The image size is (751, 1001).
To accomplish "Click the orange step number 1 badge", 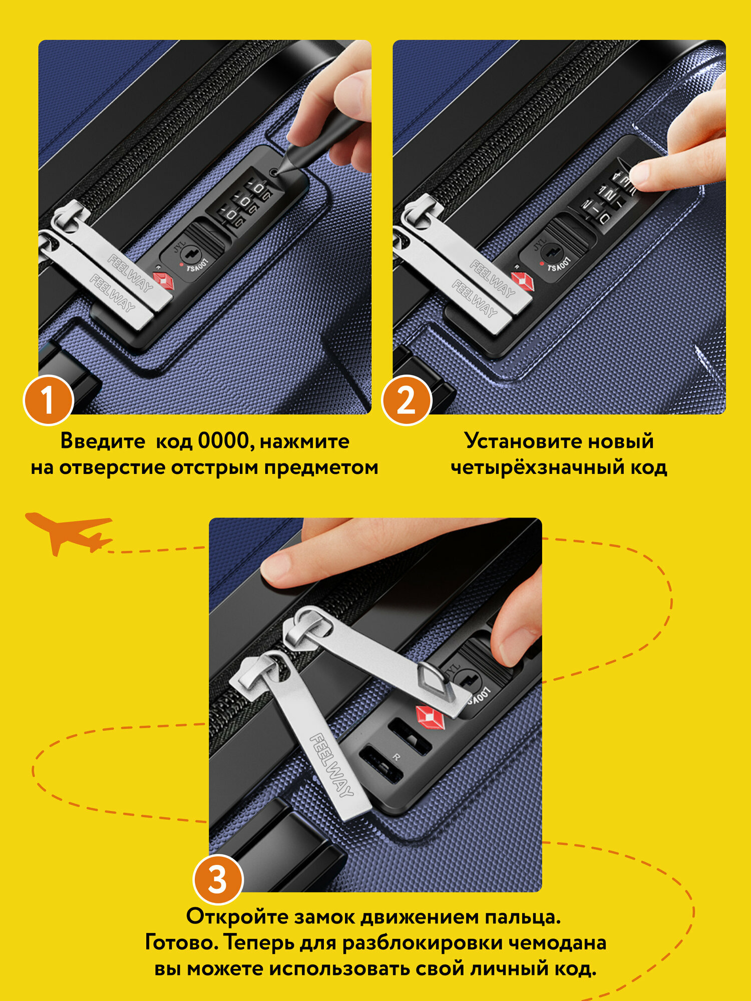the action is click(49, 400).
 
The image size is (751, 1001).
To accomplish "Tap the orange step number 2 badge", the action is click(406, 400).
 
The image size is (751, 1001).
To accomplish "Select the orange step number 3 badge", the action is click(218, 879).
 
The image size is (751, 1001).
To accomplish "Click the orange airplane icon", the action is click(69, 533).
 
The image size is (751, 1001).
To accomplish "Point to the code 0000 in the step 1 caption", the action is click(223, 440).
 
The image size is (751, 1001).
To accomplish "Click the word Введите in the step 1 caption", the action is click(103, 441).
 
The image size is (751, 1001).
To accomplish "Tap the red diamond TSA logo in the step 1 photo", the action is click(164, 280).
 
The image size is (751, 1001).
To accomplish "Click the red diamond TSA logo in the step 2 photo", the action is click(523, 282).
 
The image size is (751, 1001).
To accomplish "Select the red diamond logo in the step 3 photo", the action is click(430, 717).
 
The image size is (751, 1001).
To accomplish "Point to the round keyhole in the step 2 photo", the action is click(552, 252).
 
